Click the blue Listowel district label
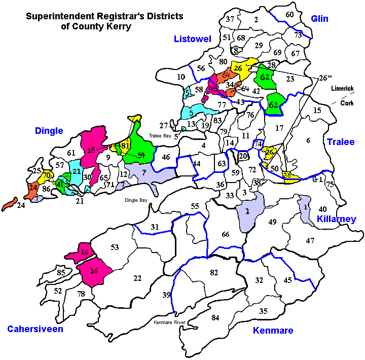click(192, 39)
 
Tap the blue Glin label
click(319, 19)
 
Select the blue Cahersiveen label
click(35, 329)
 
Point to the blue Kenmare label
click(273, 331)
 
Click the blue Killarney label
click(336, 219)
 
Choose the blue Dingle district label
click(49, 131)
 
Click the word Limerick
click(342, 88)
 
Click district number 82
click(214, 273)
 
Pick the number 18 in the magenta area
click(91, 150)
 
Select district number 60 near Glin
click(289, 15)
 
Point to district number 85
click(61, 273)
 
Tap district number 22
click(137, 278)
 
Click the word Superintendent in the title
click(55, 16)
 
